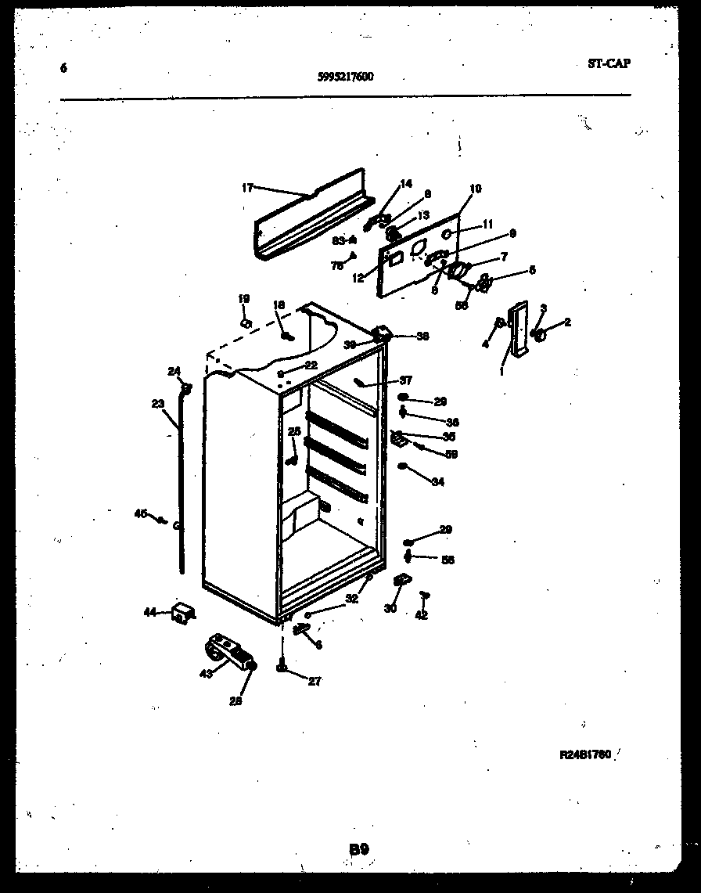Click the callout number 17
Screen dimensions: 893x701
(x=247, y=187)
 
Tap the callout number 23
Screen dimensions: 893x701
(x=158, y=405)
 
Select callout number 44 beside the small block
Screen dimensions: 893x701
(x=149, y=612)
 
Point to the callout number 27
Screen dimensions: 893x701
(x=314, y=681)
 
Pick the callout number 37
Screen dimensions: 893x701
(x=405, y=381)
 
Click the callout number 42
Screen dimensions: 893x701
(x=422, y=615)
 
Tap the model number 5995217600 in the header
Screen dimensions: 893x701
(x=345, y=77)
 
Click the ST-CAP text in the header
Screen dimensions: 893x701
(x=608, y=63)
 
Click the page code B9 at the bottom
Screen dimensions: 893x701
(x=358, y=848)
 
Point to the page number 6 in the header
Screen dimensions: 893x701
(x=63, y=68)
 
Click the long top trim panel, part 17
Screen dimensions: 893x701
(x=309, y=215)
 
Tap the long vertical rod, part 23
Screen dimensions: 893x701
(x=182, y=485)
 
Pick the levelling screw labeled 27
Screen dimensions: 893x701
(x=281, y=667)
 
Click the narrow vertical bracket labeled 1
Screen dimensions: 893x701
(x=517, y=329)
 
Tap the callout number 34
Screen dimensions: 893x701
(x=437, y=482)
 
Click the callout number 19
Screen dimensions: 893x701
(x=243, y=298)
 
